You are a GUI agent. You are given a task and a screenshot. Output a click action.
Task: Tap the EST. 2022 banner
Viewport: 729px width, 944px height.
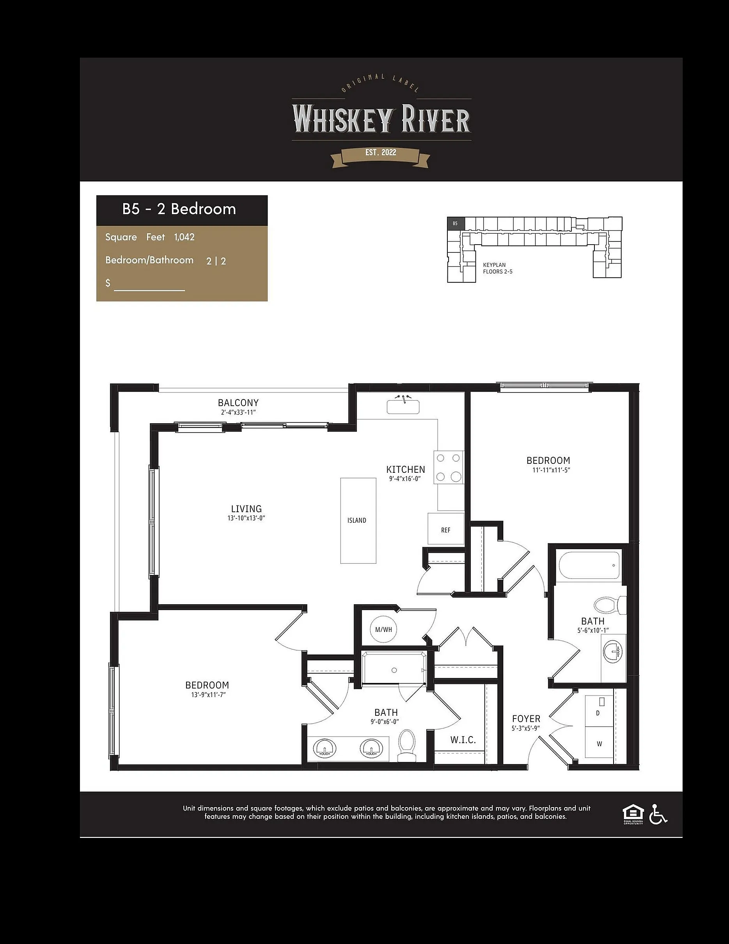pos(380,155)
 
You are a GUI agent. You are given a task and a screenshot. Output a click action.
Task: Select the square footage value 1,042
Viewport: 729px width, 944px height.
pos(184,237)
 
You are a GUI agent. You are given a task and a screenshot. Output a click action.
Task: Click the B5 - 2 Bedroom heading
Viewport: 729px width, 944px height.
pos(179,209)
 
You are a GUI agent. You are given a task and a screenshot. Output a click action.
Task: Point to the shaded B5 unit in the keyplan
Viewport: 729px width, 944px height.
pos(456,224)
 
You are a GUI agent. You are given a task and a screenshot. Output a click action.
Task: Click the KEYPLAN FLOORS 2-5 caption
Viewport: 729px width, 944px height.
pos(498,268)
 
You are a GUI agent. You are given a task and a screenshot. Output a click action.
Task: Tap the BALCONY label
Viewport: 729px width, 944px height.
pos(238,403)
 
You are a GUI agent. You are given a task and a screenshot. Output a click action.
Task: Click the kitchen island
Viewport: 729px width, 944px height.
pos(358,520)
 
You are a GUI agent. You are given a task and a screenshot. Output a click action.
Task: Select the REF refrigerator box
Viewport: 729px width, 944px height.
pos(446,529)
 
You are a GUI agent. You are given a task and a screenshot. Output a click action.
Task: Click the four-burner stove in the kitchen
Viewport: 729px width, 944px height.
pos(448,467)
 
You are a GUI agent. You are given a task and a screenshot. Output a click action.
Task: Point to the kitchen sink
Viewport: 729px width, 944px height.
pos(403,406)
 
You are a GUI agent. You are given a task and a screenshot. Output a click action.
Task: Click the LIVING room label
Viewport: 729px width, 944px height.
pos(246,509)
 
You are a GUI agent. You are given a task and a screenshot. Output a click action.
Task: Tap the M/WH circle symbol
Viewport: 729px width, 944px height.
pos(384,629)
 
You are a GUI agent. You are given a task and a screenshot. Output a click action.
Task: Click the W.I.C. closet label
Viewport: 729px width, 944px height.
pos(463,740)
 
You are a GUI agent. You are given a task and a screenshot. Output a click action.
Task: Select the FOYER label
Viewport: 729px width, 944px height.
pos(526,719)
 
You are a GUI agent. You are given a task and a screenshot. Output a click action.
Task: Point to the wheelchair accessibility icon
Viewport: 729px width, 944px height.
pos(658,814)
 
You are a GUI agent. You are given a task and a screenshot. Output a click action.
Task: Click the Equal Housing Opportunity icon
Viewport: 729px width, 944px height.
pos(633,814)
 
